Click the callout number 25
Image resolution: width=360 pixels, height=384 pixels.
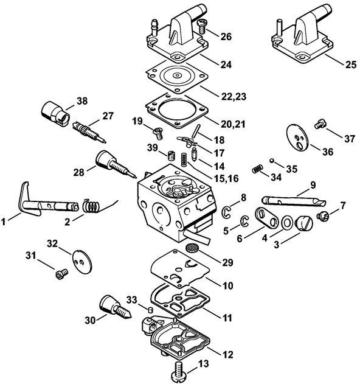(x=351, y=65)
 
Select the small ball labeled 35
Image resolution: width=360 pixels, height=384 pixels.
(x=272, y=161)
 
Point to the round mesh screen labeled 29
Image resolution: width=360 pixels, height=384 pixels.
(x=191, y=248)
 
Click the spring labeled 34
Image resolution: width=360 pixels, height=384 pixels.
(x=258, y=169)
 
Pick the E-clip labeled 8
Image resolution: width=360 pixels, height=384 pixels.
(x=226, y=212)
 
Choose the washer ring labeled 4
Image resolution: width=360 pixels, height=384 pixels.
(x=287, y=223)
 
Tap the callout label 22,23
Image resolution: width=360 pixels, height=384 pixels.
(x=234, y=97)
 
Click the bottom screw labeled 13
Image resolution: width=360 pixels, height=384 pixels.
(x=181, y=370)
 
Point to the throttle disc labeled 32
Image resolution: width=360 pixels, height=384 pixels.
(x=82, y=261)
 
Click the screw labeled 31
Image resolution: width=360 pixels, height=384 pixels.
(x=61, y=274)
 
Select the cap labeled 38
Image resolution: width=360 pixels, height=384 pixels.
(x=55, y=113)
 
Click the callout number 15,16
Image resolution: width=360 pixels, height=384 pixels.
(x=226, y=178)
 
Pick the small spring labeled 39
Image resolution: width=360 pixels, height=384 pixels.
(x=172, y=155)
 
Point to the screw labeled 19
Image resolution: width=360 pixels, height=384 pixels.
(x=158, y=133)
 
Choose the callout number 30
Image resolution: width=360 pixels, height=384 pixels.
(x=90, y=320)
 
